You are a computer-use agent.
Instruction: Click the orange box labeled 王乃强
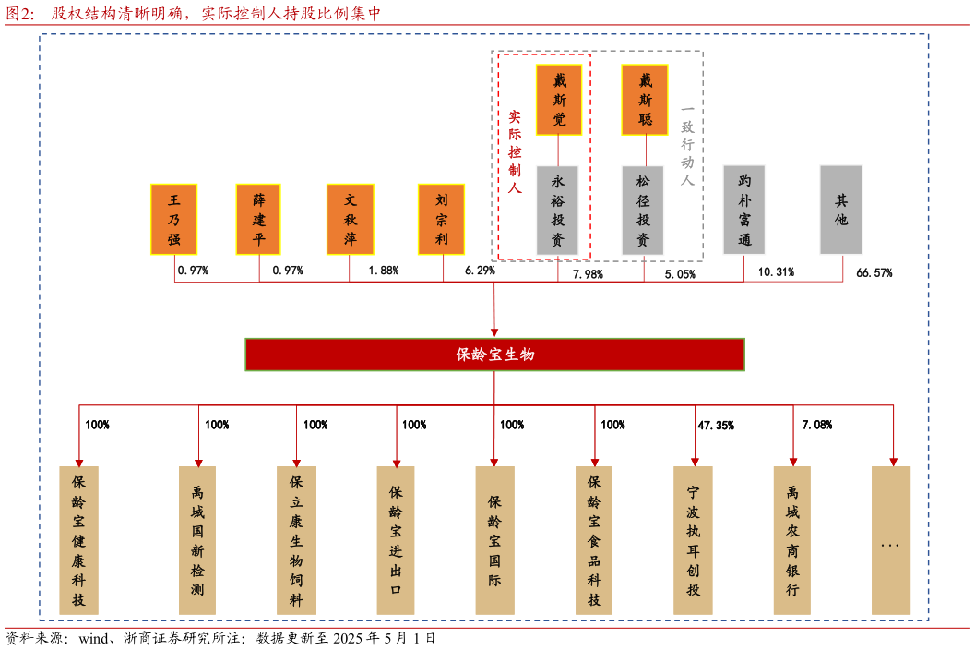point(173,220)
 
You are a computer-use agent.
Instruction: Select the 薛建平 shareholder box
point(258,220)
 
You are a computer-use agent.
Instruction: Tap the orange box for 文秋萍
point(350,220)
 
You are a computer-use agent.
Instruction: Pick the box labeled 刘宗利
point(441,220)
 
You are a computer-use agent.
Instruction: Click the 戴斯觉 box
point(559,100)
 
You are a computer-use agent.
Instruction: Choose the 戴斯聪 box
point(645,100)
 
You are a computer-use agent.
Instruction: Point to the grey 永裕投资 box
point(557,211)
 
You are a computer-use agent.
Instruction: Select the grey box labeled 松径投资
point(643,211)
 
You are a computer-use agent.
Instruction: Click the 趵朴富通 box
point(744,211)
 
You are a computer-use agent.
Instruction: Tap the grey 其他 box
point(841,211)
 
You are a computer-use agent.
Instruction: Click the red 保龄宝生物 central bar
point(494,355)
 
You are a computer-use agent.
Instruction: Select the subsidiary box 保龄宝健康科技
point(78,540)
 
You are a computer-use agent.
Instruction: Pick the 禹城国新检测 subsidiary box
point(197,540)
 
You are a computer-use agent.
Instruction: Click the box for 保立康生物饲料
point(296,540)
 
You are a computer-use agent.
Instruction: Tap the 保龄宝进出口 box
point(396,540)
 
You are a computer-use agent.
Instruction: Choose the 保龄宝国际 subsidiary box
point(494,540)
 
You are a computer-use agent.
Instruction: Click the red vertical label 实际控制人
point(514,152)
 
